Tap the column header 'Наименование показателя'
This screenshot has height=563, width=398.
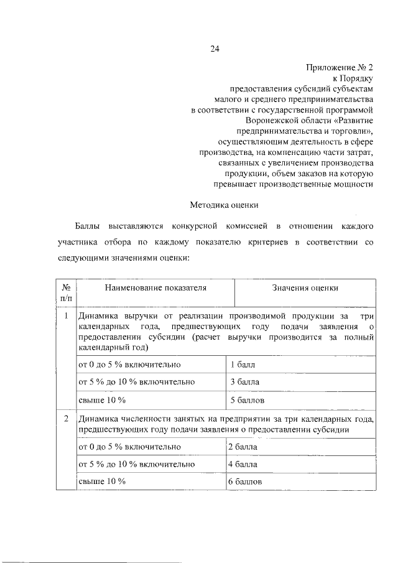point(155,288)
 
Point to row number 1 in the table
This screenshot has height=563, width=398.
point(65,317)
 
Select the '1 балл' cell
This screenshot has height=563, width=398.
point(243,364)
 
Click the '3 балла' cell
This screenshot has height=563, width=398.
point(244,381)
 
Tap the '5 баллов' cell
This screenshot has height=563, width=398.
point(247,398)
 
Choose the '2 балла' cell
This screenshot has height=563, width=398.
point(243,447)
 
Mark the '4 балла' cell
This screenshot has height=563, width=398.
point(243,464)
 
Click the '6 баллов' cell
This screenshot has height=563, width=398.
point(245,482)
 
